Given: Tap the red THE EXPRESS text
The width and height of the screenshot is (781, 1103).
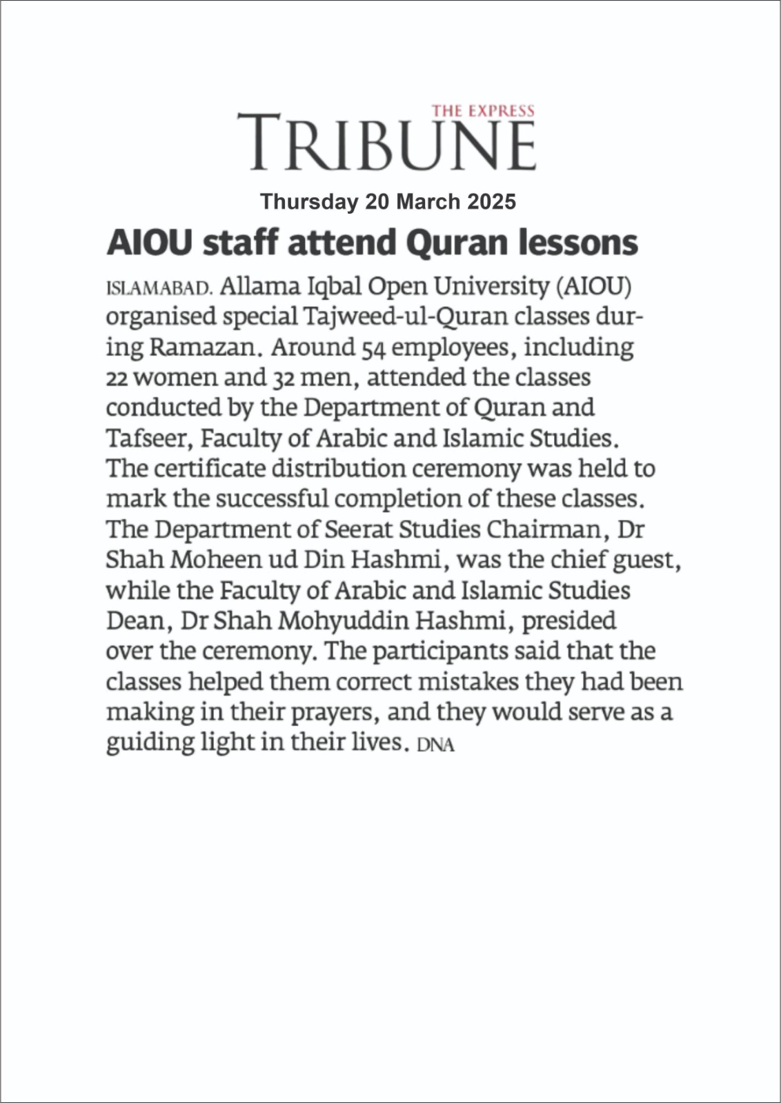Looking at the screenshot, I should click(x=483, y=110).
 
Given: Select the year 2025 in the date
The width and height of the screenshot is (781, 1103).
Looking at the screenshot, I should click(x=491, y=202).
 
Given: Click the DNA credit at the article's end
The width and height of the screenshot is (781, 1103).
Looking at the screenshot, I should click(x=436, y=745).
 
